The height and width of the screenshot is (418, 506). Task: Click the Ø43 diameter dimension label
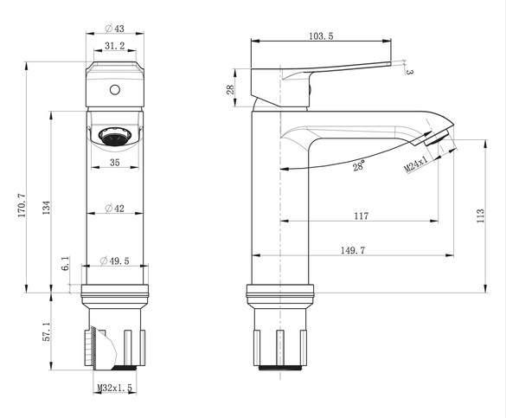pos(114,29)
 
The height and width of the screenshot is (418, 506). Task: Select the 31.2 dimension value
pos(114,46)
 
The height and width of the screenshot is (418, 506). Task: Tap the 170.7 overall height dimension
pos(22,205)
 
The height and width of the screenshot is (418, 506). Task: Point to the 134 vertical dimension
pos(47,208)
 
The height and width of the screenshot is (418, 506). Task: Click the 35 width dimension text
pos(114,163)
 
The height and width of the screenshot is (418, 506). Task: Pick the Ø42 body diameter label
pos(114,209)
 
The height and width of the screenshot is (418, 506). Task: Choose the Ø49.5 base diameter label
pos(114,260)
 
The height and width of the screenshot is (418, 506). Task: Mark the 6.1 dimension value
pos(66,263)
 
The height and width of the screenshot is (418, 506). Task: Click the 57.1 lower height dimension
pos(47,331)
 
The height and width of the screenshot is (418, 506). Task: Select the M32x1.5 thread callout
pos(115,388)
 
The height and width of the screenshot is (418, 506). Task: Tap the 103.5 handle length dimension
pos(321,35)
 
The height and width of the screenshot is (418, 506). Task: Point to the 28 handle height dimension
pos(230,89)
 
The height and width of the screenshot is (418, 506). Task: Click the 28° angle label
pos(359,165)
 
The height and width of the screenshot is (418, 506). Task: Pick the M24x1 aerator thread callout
pos(416,164)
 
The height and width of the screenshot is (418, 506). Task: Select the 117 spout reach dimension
pos(361,215)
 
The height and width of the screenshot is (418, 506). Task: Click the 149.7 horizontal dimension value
pos(353,250)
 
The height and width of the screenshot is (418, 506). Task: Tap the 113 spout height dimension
pos(481,215)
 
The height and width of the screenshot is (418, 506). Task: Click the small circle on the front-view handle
pos(115,90)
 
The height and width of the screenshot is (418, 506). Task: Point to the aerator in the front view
pos(115,136)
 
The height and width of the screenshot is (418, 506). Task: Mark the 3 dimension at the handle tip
pos(409,72)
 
